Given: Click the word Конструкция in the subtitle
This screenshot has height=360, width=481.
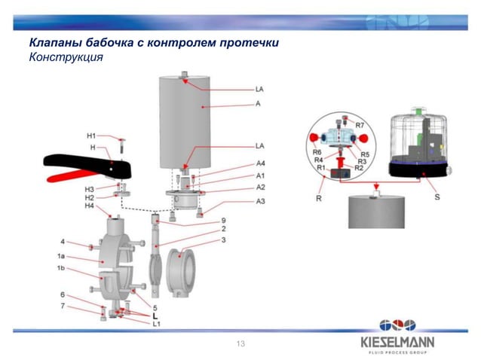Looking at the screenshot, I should pyautogui.click(x=65, y=56).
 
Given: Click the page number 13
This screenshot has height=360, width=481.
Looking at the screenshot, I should pyautogui.click(x=240, y=343).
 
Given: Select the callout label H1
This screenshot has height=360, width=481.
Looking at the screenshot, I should pyautogui.click(x=90, y=136).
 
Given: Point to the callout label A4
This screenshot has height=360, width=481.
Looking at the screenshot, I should pyautogui.click(x=260, y=163).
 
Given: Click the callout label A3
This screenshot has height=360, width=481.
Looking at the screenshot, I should pyautogui.click(x=260, y=201).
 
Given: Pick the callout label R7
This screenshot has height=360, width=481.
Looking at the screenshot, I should pyautogui.click(x=360, y=124).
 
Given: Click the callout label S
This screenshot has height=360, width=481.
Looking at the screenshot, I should pyautogui.click(x=439, y=197).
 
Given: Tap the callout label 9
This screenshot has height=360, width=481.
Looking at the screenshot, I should pyautogui.click(x=224, y=220).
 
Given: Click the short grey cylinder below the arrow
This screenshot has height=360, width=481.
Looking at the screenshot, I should pyautogui.click(x=376, y=211).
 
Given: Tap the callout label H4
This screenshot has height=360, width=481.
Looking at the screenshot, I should pyautogui.click(x=89, y=206).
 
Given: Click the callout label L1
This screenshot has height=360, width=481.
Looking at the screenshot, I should pyautogui.click(x=156, y=324).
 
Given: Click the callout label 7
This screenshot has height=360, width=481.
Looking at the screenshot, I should pyautogui.click(x=63, y=306).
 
